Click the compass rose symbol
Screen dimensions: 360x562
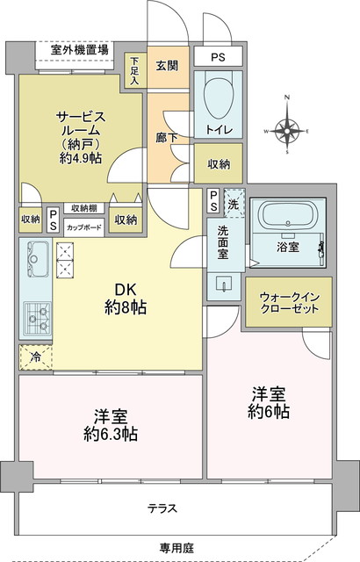pos(286,131)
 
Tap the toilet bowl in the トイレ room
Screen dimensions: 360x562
pos(218,95)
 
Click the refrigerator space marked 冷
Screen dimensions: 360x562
pos(35,357)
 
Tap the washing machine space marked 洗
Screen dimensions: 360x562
pos(234,203)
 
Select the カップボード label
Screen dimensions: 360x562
pos(83,227)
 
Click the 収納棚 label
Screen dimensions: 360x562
pos(83,208)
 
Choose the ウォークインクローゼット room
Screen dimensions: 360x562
pos(289,302)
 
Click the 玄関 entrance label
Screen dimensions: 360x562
pos(168,66)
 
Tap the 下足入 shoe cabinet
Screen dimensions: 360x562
pos(135,70)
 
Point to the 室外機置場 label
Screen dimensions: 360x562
pos(80,50)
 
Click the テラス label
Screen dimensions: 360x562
pos(162,508)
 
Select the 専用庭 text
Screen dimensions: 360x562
pos(176,548)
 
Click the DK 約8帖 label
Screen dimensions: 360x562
pos(126,299)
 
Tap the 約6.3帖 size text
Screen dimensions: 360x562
pos(111,435)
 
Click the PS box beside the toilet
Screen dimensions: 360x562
pos(218,56)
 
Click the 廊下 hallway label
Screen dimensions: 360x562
pos(167,137)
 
